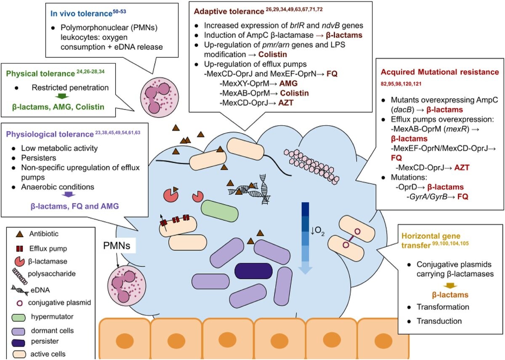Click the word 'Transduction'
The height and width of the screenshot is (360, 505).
439,321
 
